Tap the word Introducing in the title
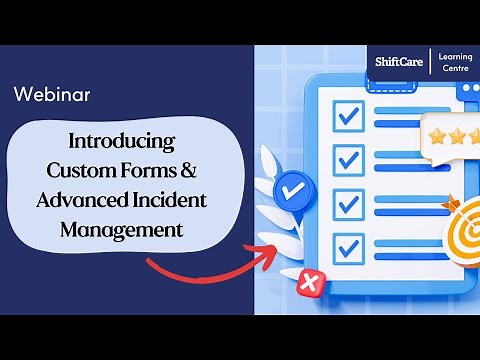point(121,139)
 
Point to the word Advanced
point(78,199)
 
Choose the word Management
point(121,229)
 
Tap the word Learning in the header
point(455,55)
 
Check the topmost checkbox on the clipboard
point(348,116)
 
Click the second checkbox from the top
point(348,159)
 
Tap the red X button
point(309,284)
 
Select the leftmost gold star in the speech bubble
point(437,137)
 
